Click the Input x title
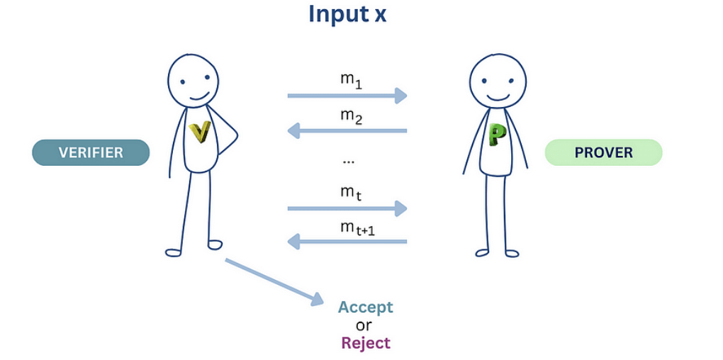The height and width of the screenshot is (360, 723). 347,14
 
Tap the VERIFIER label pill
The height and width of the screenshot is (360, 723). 91,152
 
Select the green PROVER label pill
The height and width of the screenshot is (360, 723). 603,152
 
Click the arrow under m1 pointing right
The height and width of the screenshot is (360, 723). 347,95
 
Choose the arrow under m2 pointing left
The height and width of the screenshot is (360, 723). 347,130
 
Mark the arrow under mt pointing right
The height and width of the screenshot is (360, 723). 347,208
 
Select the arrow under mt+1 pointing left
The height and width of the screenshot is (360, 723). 347,242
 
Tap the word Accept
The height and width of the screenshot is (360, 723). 365,307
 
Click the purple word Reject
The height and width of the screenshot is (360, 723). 365,343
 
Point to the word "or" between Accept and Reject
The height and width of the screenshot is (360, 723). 364,325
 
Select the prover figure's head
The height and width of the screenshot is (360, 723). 498,80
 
